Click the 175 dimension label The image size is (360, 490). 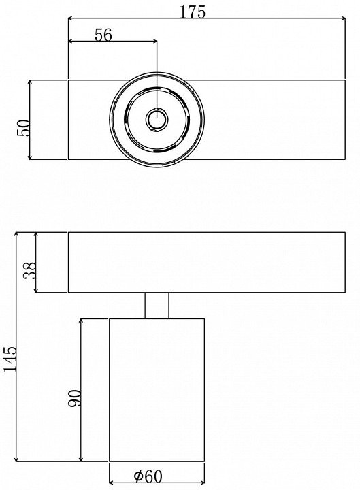click(193, 12)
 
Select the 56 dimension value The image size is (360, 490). click(103, 35)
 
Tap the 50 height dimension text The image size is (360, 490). click(24, 127)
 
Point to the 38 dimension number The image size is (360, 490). click(31, 270)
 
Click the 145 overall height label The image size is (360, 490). click(10, 359)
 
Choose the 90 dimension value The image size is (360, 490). click(74, 398)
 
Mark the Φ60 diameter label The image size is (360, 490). click(148, 476)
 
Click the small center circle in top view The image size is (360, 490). click(157, 119)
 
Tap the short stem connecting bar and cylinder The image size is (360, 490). click(157, 306)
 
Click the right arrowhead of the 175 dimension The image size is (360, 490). click(342, 18)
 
